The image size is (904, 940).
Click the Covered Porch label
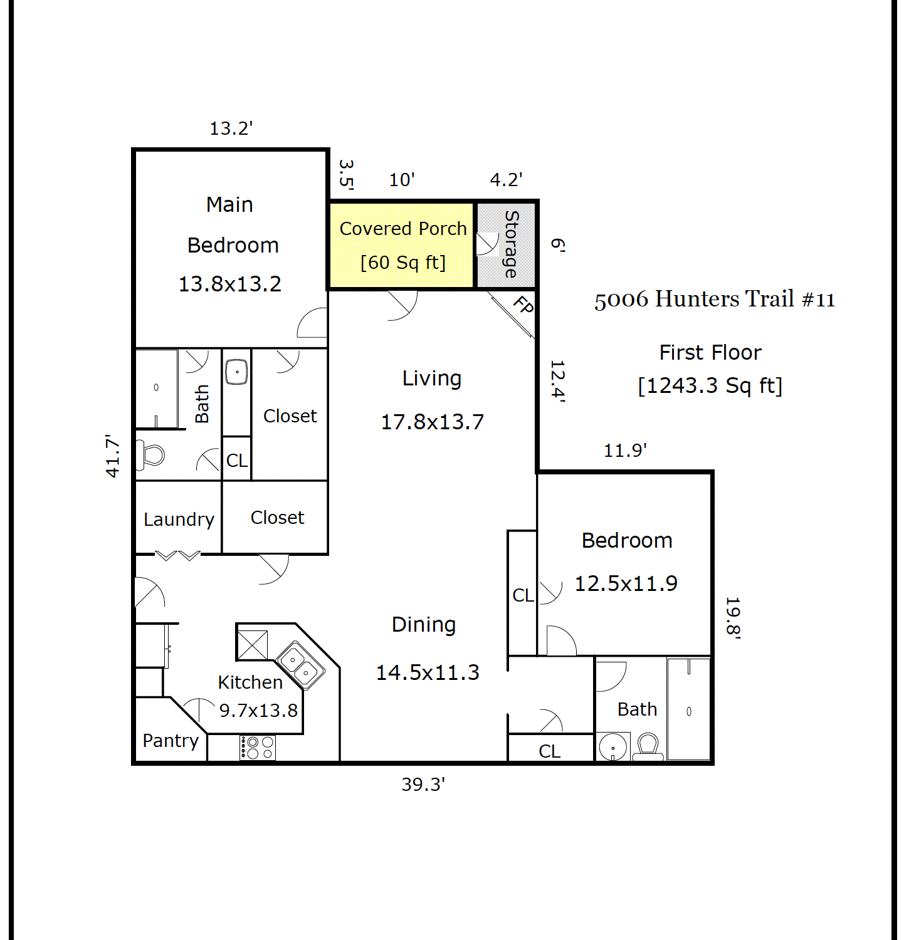pos(403,229)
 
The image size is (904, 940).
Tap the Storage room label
pos(512,244)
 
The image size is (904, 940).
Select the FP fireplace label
pos(523,305)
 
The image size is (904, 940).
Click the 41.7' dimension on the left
pos(112,456)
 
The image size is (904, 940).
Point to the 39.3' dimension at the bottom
pos(423,784)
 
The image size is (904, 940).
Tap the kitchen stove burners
pos(258,747)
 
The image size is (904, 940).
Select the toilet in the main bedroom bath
pos(150,454)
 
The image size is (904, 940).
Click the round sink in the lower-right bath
pos(612,747)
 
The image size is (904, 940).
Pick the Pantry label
pos(171,741)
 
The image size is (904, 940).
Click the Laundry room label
pos(179,520)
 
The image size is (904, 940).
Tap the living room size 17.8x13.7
pos(433,422)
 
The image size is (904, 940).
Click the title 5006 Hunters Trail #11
pos(715,300)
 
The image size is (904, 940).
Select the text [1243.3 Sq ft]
pos(710,385)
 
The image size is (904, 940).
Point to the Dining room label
pos(424,625)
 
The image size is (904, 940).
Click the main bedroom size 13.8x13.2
pos(230,284)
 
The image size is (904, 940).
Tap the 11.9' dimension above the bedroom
pos(625,450)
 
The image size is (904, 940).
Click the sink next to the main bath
pos(237,372)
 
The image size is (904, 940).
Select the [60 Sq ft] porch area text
pos(403,262)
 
